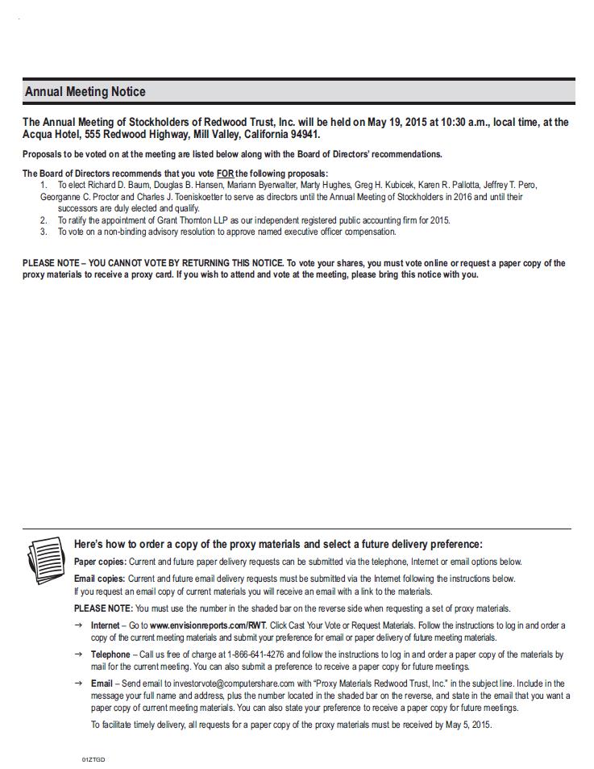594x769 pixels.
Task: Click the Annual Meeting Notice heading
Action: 85,92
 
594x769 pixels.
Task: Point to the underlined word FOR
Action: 225,173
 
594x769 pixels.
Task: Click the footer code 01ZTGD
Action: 93,759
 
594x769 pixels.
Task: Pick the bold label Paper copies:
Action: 100,562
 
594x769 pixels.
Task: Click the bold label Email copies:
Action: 99,579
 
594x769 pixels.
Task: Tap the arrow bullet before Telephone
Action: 78,654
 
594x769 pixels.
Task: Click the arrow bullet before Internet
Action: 78,625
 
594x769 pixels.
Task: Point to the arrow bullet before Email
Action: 78,683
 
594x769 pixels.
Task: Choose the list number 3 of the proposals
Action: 44,232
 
